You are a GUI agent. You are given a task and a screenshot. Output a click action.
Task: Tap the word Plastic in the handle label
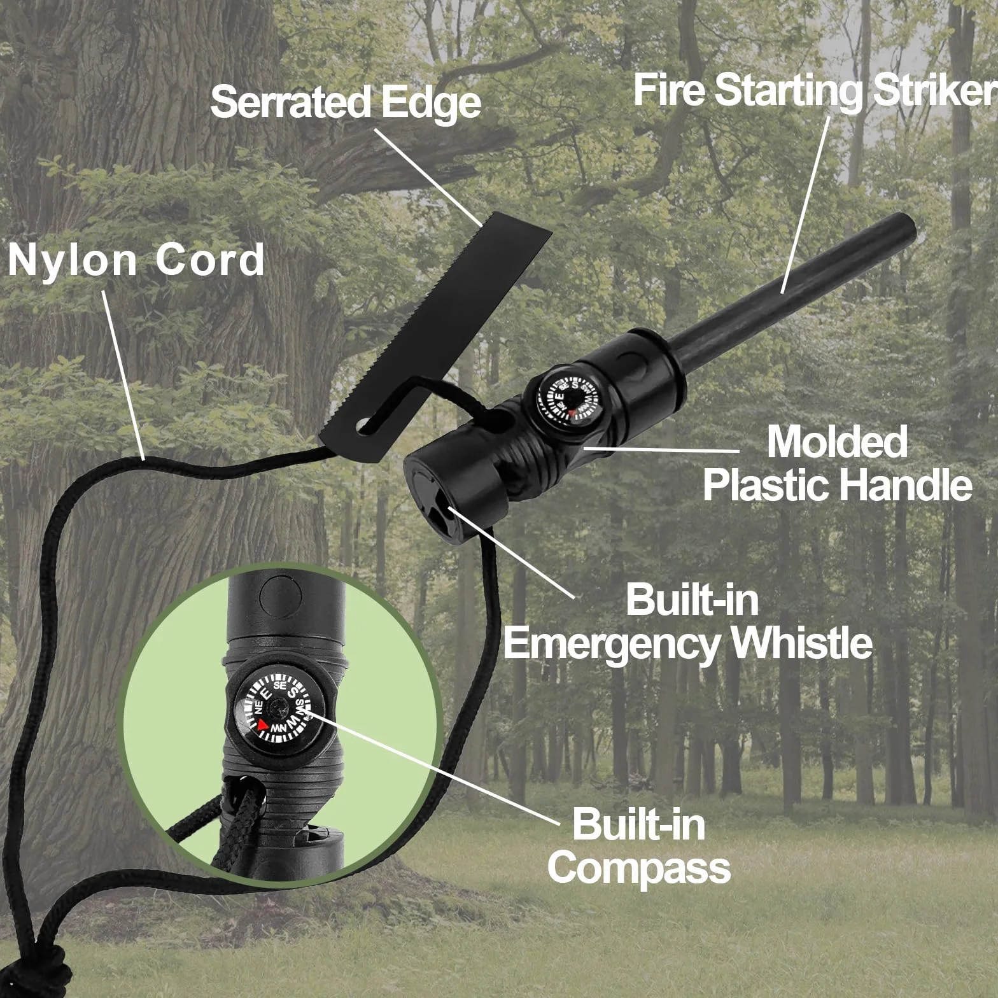(x=764, y=484)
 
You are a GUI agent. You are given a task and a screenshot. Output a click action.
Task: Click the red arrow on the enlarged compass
(x=263, y=724)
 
